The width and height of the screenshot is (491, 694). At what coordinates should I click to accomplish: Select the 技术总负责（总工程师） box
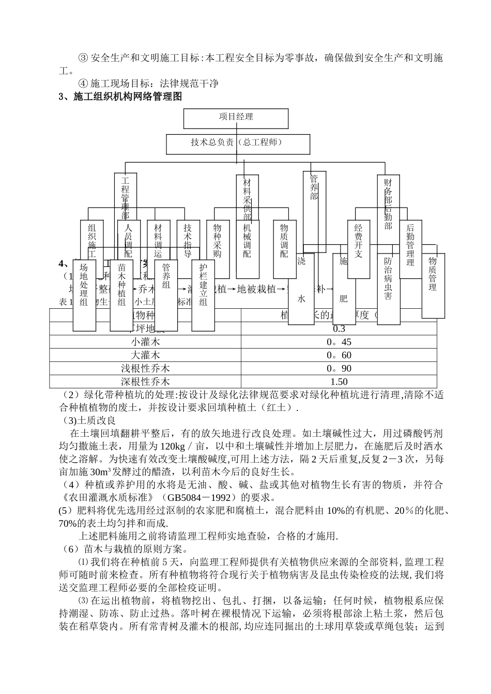pos(238,144)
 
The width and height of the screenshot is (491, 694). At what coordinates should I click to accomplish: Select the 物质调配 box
pos(284,241)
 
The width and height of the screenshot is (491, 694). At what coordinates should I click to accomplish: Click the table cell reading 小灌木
pos(145,342)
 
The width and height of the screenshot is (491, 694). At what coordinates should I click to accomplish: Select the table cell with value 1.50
pos(339,382)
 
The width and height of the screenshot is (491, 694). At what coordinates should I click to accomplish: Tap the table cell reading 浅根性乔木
pos(145,369)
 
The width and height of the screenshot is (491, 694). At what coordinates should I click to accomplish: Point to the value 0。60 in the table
pos(339,355)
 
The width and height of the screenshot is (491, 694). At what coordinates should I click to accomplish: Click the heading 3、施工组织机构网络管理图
pos(120,97)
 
